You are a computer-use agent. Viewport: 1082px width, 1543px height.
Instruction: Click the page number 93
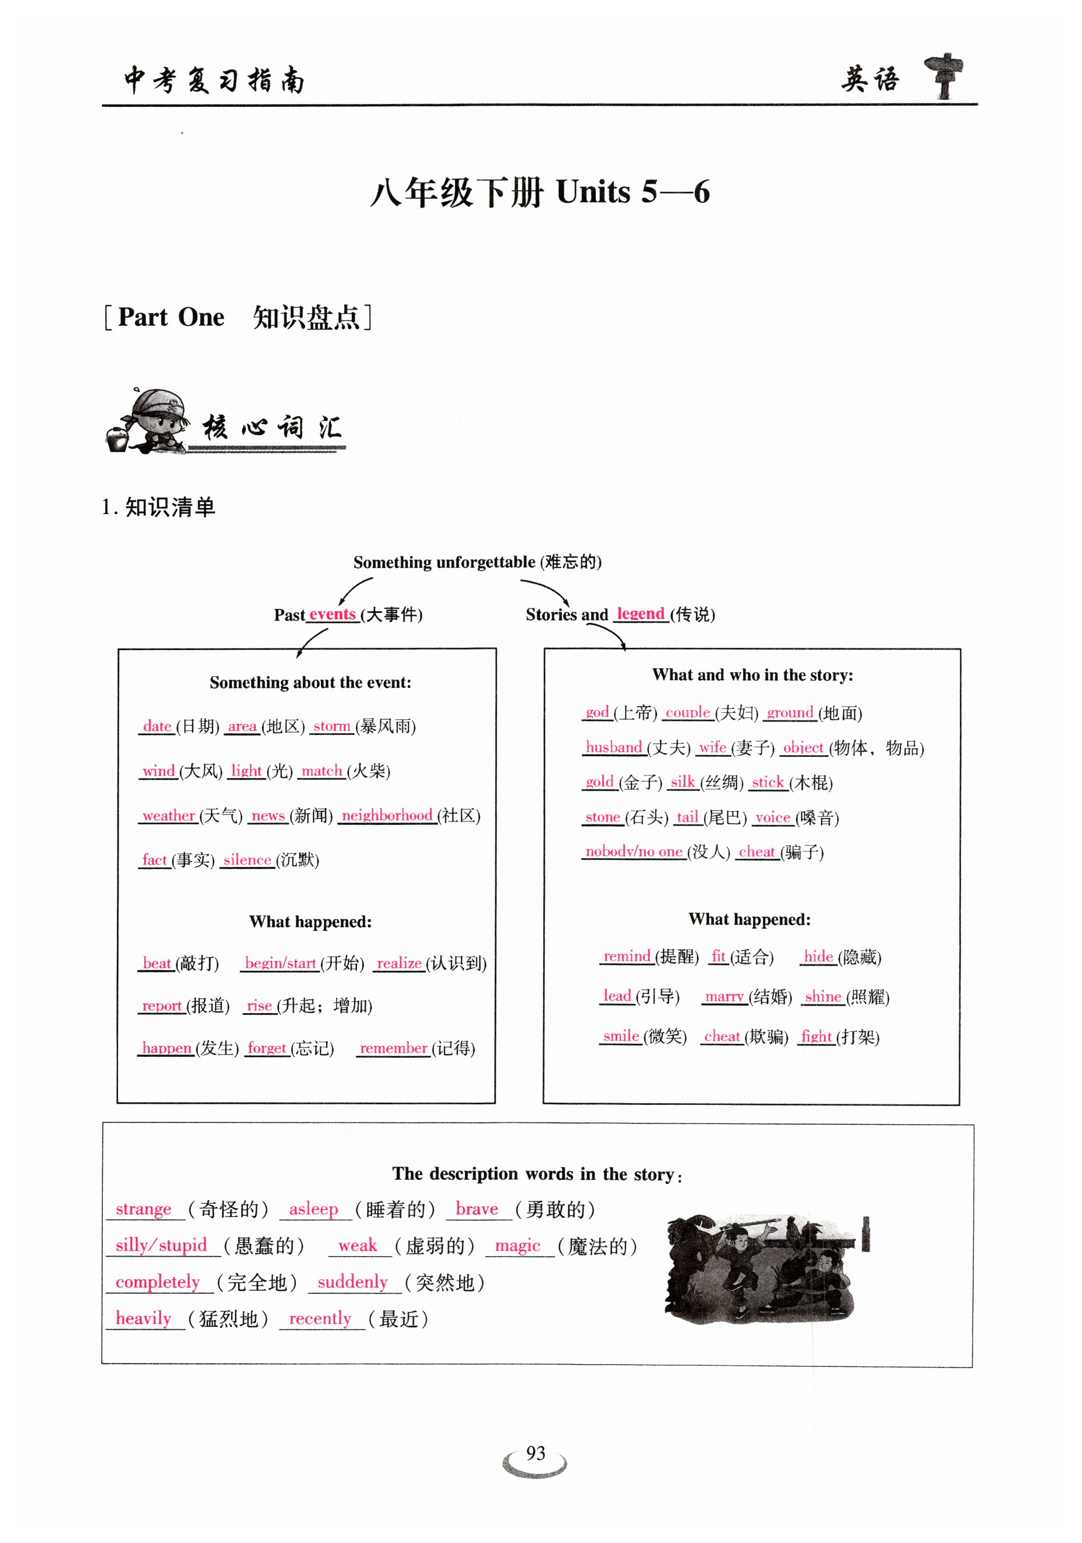point(535,1453)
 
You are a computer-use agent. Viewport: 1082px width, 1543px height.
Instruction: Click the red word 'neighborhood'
point(387,815)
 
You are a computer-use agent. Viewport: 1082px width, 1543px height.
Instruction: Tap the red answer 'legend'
point(640,613)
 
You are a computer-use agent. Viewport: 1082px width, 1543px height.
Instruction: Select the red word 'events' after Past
point(332,614)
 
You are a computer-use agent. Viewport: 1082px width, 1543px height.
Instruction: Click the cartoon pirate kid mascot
point(149,421)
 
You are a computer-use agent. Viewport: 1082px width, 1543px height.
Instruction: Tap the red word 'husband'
point(613,747)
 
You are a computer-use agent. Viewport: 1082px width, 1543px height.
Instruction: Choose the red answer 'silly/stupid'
point(162,1244)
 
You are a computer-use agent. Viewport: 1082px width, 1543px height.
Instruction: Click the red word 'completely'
point(158,1281)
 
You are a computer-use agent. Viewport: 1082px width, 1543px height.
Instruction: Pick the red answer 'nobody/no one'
point(634,852)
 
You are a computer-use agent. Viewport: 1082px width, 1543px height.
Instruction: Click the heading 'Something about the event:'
point(310,683)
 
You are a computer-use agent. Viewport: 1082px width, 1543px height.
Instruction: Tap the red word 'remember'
point(394,1047)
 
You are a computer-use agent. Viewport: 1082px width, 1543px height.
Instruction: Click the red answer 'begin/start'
point(280,963)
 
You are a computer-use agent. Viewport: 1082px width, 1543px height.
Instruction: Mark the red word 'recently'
point(320,1318)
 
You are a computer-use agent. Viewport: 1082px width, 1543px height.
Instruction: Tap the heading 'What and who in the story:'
point(752,674)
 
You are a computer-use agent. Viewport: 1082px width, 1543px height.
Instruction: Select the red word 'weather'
point(168,815)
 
